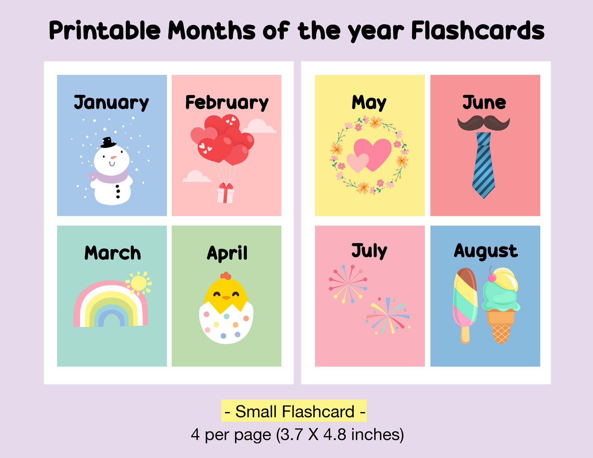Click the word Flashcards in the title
pyautogui.click(x=478, y=31)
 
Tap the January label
pyautogui.click(x=111, y=102)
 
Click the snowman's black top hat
pyautogui.click(x=108, y=143)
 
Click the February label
pyautogui.click(x=227, y=102)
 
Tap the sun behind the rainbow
pyautogui.click(x=139, y=283)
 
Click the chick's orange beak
pyautogui.click(x=226, y=297)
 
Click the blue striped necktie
pyautogui.click(x=484, y=164)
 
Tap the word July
pyautogui.click(x=369, y=251)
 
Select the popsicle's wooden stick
pyautogui.click(x=465, y=334)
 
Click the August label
pyautogui.click(x=485, y=251)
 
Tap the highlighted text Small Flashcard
pyautogui.click(x=294, y=411)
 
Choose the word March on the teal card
pyautogui.click(x=112, y=253)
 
